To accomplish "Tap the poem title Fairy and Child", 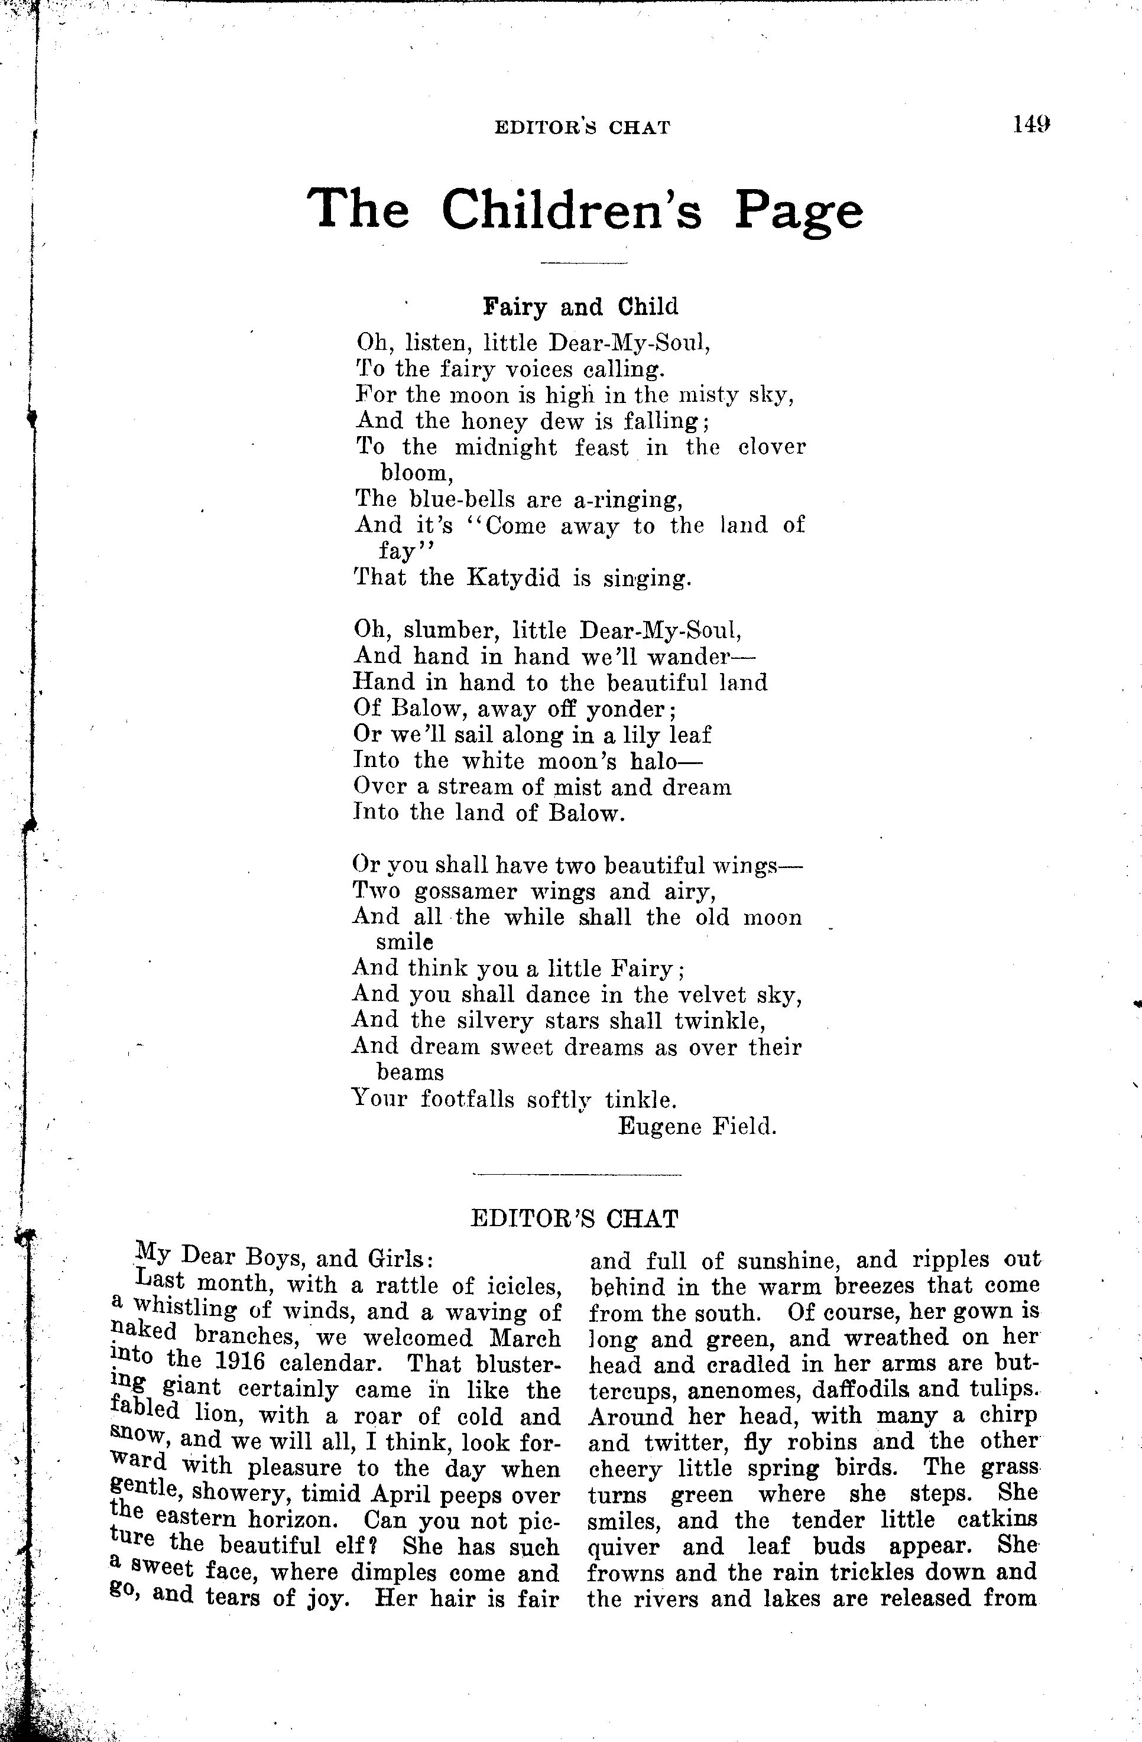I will [x=580, y=307].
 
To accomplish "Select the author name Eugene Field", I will [x=696, y=1126].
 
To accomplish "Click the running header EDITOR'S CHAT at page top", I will [x=582, y=128].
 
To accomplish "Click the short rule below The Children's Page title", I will [x=583, y=261].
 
